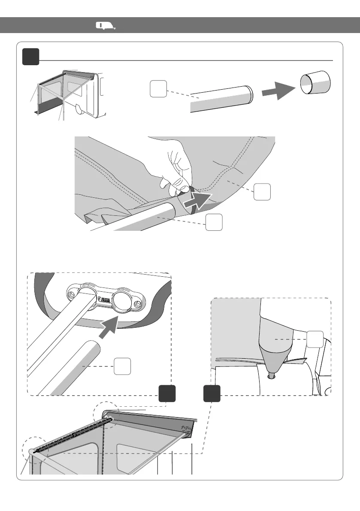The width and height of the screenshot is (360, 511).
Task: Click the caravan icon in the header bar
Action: pos(105,26)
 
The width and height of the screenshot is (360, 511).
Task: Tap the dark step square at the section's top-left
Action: pos(31,57)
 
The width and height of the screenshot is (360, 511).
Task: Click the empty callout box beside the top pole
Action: pos(158,89)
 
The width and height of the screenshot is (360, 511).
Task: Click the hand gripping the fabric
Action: pos(176,165)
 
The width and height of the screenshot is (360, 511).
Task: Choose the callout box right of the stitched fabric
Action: pos(262,191)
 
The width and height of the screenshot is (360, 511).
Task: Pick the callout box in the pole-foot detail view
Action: pos(315,339)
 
